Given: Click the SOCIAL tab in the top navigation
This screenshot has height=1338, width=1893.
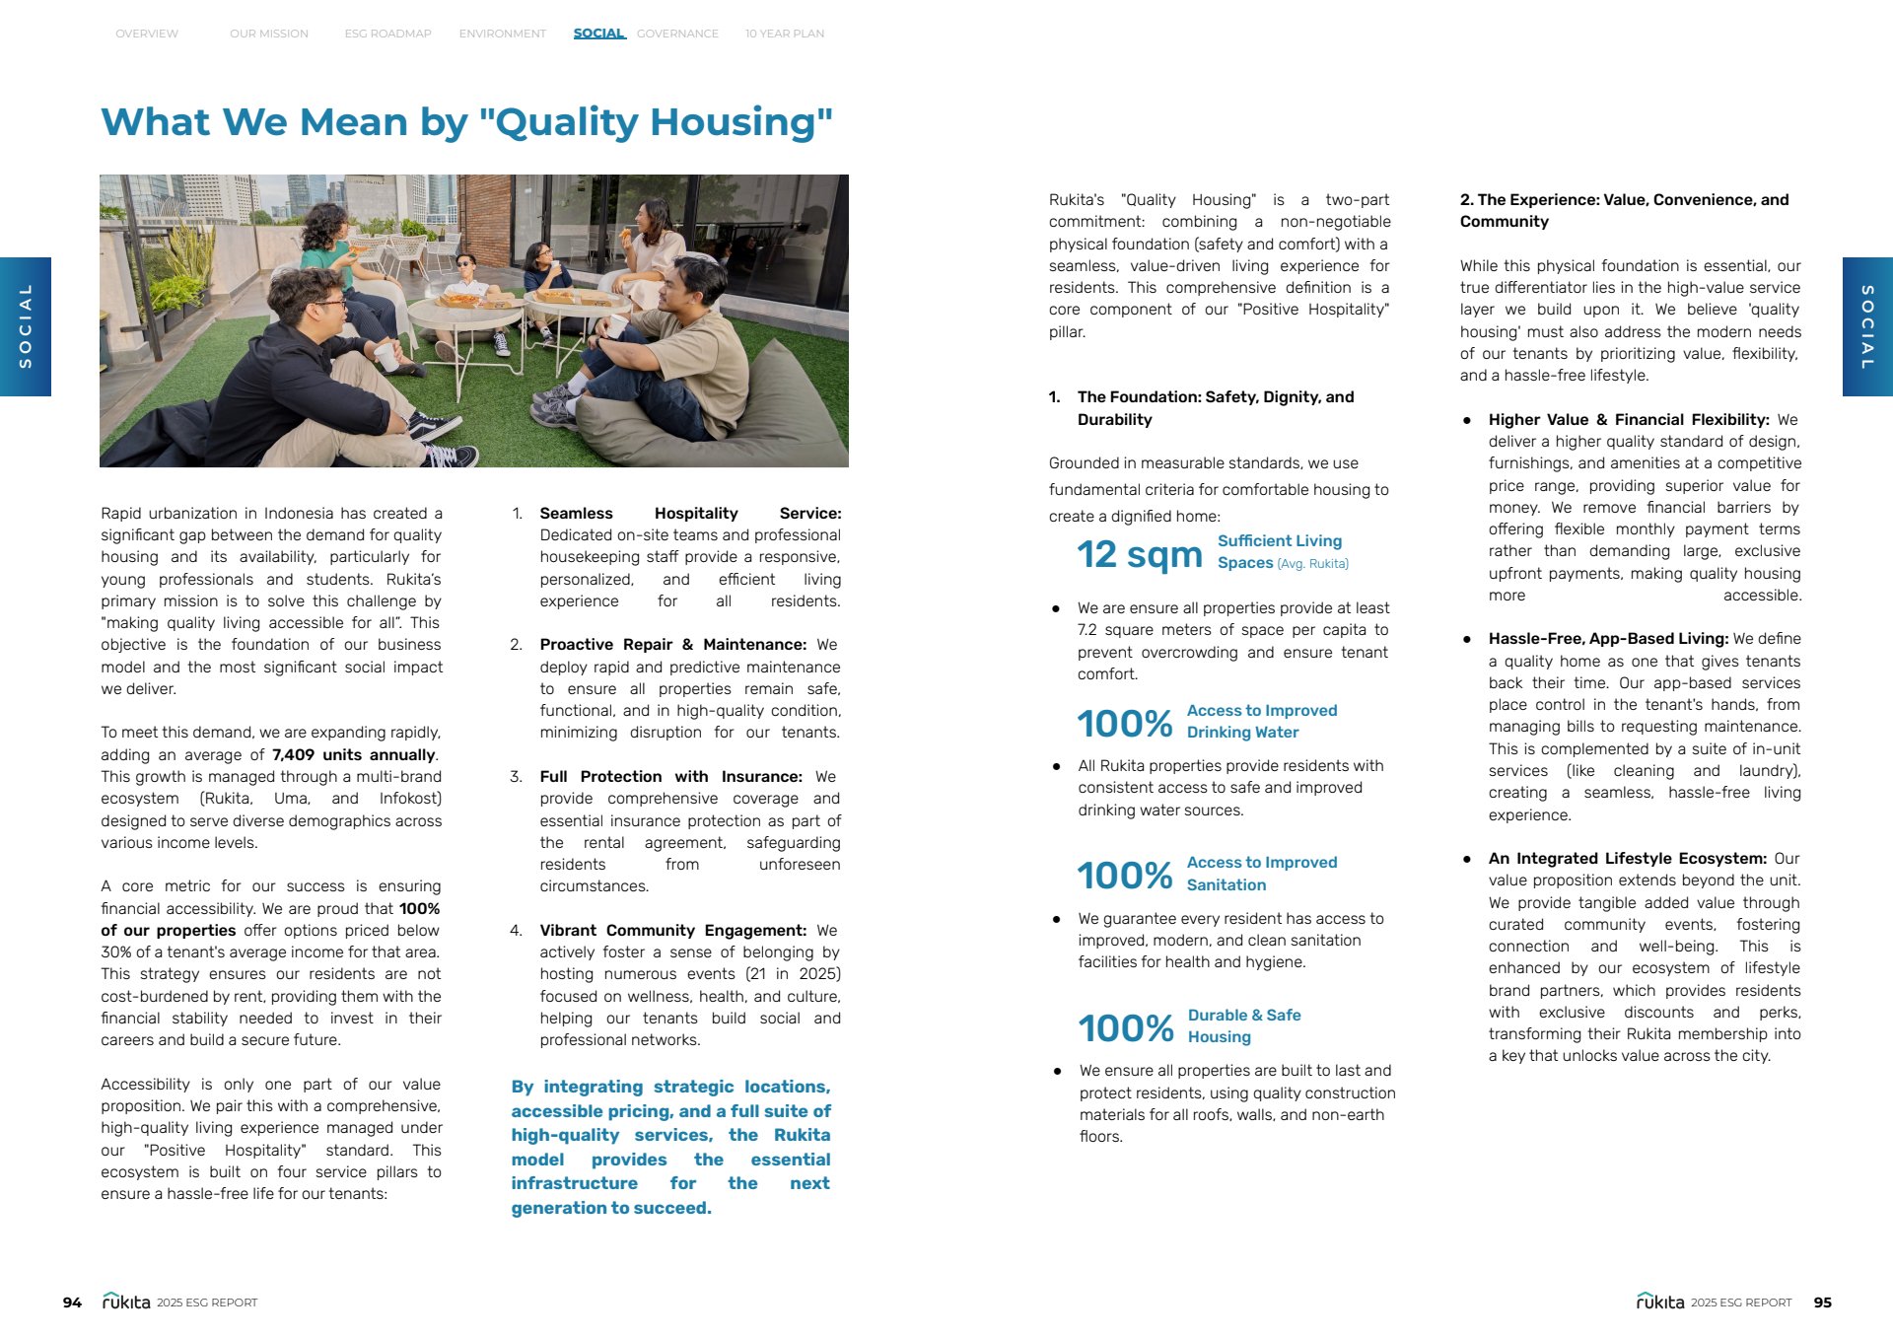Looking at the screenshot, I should [x=598, y=34].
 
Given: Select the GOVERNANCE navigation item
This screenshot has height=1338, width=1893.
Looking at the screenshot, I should [x=677, y=34].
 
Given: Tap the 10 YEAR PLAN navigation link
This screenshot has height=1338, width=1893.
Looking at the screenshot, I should [x=784, y=34].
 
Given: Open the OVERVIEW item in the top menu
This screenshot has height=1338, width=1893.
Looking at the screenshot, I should [x=147, y=34].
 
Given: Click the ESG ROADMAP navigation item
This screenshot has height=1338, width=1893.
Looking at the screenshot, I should [x=387, y=34].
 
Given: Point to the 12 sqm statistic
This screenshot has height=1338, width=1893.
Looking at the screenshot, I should [x=1139, y=554].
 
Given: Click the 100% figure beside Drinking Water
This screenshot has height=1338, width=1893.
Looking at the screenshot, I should [x=1124, y=724].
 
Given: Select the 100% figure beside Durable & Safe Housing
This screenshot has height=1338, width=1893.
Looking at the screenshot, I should [x=1125, y=1028].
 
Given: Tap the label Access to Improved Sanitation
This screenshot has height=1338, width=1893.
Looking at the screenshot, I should [x=1261, y=874].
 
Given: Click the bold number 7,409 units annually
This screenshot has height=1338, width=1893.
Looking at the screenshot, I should [x=353, y=755].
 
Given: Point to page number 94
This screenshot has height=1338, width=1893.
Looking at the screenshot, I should [x=72, y=1303].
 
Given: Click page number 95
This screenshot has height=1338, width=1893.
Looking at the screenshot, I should [x=1822, y=1303].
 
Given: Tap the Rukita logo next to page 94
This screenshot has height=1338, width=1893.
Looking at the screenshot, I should [x=126, y=1302].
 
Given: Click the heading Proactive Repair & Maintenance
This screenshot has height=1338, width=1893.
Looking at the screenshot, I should [x=672, y=645].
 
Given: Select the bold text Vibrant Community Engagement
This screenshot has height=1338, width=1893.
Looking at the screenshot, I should [x=672, y=931].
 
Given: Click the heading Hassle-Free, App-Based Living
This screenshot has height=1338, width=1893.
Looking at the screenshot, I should [x=1608, y=639].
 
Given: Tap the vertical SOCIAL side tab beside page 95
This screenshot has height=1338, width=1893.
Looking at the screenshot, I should [x=1866, y=326].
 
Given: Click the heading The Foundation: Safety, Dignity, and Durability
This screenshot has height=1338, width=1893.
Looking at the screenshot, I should [x=1215, y=408].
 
